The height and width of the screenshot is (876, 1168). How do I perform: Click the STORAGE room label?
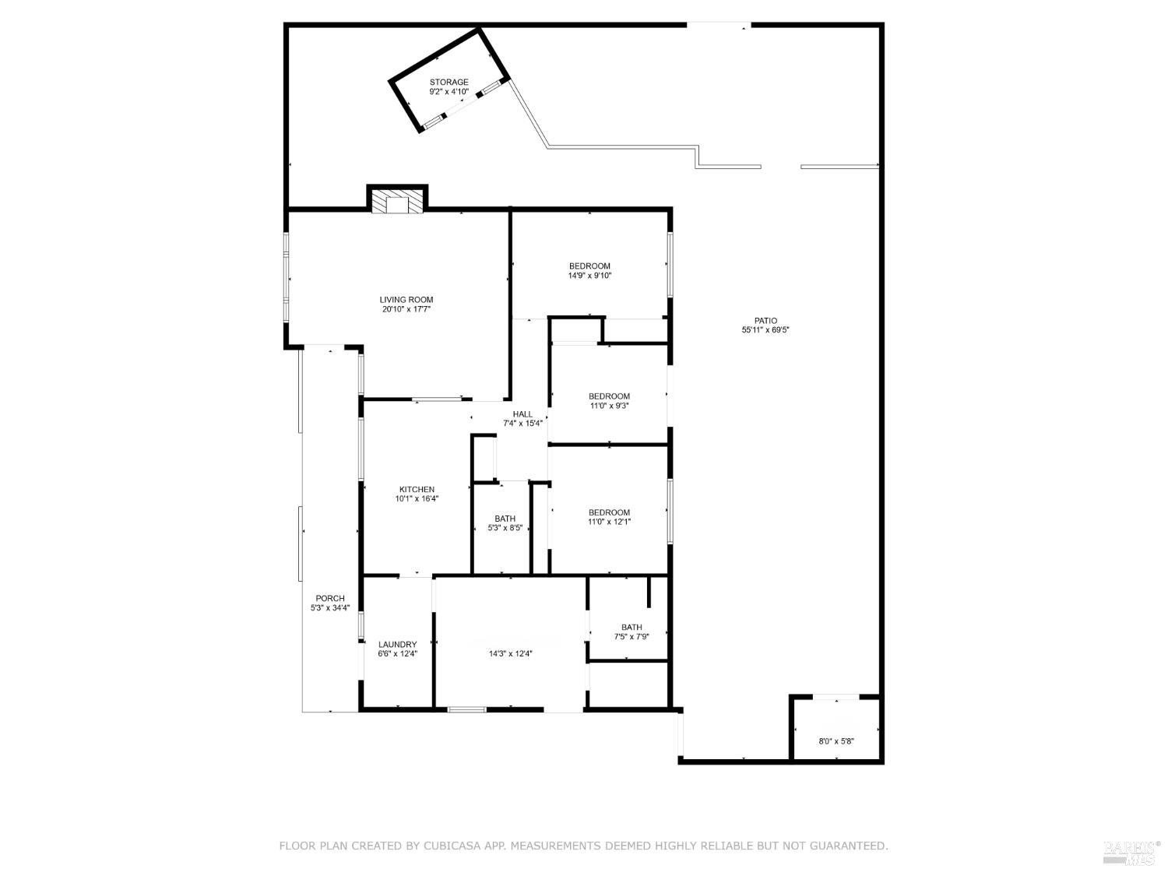pyautogui.click(x=449, y=82)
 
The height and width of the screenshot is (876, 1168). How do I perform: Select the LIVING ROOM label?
pyautogui.click(x=406, y=300)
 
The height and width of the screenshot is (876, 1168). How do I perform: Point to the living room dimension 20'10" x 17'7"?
pyautogui.click(x=406, y=309)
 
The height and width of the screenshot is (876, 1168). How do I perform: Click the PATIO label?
pyautogui.click(x=765, y=320)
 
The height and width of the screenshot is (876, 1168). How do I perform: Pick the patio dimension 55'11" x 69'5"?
pyautogui.click(x=765, y=330)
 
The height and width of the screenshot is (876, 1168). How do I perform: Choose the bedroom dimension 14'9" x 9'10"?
pyautogui.click(x=589, y=276)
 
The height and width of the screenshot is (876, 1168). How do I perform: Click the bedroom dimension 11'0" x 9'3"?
pyautogui.click(x=609, y=406)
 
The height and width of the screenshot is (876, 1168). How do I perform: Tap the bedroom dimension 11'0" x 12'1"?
pyautogui.click(x=609, y=522)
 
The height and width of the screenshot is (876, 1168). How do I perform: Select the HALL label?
pyautogui.click(x=522, y=414)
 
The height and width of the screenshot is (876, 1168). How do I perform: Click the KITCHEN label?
pyautogui.click(x=417, y=489)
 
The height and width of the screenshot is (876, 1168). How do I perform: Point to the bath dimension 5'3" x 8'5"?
pyautogui.click(x=505, y=528)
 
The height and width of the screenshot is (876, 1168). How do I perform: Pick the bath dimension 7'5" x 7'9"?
pyautogui.click(x=631, y=636)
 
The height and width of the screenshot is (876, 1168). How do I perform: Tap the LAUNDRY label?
pyautogui.click(x=398, y=644)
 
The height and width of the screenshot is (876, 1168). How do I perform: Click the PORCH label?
pyautogui.click(x=330, y=598)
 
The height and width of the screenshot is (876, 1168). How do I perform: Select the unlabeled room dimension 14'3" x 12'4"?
pyautogui.click(x=510, y=654)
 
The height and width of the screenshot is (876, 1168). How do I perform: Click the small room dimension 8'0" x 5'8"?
pyautogui.click(x=836, y=741)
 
